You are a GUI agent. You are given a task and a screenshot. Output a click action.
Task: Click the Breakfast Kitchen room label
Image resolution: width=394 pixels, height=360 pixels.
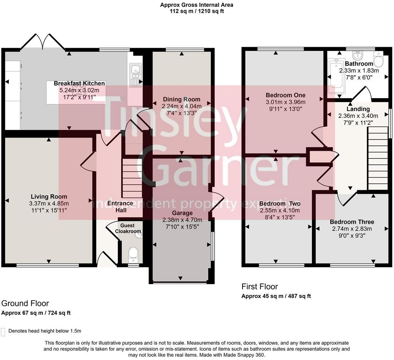point(79,83)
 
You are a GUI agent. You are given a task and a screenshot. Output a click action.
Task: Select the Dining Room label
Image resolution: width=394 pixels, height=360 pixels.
point(181,99)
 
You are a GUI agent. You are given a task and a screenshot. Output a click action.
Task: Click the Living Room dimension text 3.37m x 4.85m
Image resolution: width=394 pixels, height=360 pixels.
point(49,203)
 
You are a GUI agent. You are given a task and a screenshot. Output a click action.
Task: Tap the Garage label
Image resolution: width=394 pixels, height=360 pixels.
point(182,213)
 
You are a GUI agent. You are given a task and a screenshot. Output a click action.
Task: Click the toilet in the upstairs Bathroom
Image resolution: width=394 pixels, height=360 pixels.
point(379,60)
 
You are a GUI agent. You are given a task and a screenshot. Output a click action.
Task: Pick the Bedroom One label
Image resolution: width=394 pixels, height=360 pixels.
point(285,95)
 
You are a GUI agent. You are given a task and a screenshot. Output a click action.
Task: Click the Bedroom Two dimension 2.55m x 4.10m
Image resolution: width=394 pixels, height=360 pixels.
point(280,210)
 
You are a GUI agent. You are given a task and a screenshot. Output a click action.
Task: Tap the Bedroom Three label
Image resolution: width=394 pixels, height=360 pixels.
point(352,222)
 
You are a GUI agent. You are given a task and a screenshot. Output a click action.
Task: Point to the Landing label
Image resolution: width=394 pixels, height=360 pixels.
point(358,109)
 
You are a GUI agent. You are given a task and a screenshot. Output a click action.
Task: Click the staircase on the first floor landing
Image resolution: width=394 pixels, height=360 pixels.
point(377,158)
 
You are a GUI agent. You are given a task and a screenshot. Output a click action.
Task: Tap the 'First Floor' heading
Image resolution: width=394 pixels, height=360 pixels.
point(259,287)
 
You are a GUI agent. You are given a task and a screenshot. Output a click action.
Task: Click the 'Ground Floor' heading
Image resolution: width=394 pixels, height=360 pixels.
point(25,303)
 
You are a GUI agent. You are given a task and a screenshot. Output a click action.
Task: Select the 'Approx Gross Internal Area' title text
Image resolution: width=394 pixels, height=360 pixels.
point(197,5)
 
